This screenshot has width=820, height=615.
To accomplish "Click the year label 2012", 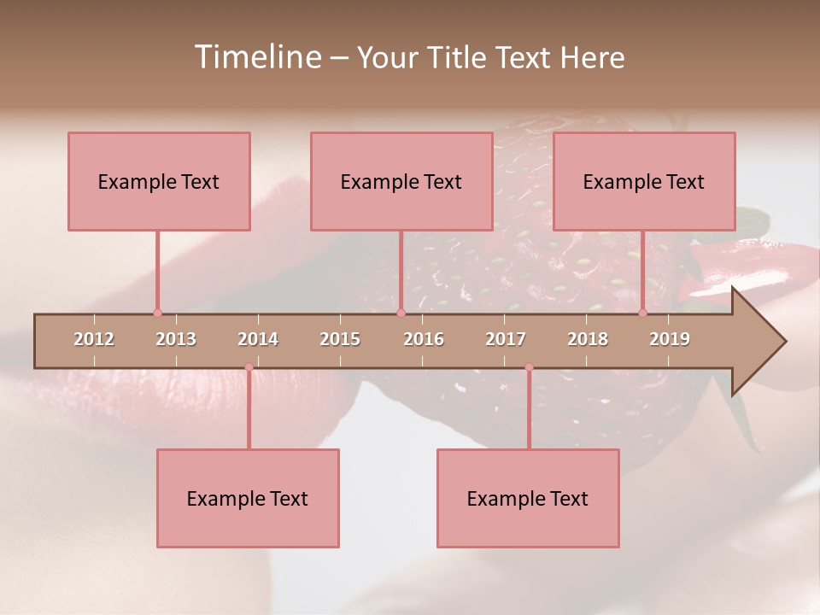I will pyautogui.click(x=94, y=339).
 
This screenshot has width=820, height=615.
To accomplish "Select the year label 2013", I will pyautogui.click(x=176, y=339).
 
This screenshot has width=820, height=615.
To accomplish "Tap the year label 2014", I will pyautogui.click(x=258, y=339).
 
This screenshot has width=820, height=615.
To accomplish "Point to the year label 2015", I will pyautogui.click(x=340, y=339).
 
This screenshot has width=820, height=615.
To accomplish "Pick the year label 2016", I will pyautogui.click(x=424, y=339).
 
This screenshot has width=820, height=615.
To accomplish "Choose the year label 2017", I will pyautogui.click(x=506, y=339).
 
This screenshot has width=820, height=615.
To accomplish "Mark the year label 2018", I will pyautogui.click(x=588, y=339).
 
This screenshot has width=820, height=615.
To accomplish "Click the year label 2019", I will pyautogui.click(x=670, y=339).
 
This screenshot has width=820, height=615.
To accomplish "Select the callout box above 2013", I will pyautogui.click(x=159, y=181).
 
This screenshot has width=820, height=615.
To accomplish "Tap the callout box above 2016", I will pyautogui.click(x=401, y=181).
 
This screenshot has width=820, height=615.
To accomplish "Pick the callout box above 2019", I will pyautogui.click(x=644, y=181).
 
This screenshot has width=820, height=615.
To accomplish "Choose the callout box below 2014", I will pyautogui.click(x=248, y=498).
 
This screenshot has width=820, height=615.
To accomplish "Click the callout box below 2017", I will pyautogui.click(x=528, y=498).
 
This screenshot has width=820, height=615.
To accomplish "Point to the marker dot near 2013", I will pyautogui.click(x=157, y=313).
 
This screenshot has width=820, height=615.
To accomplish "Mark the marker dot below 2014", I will pyautogui.click(x=249, y=367).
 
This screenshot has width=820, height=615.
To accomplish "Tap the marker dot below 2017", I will pyautogui.click(x=529, y=367).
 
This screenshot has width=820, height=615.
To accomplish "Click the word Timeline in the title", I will pyautogui.click(x=256, y=57).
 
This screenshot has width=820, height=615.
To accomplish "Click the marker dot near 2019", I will pyautogui.click(x=642, y=313).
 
